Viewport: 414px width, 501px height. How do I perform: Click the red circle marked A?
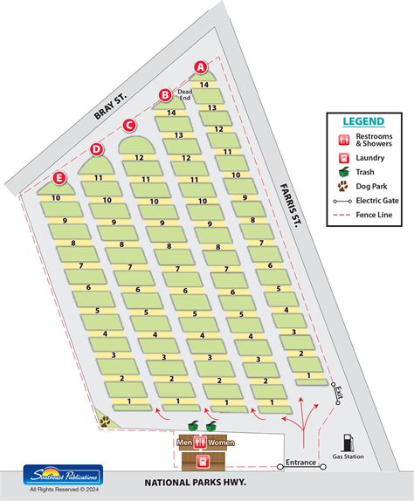(200, 66)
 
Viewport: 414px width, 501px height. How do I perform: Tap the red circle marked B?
(165, 95)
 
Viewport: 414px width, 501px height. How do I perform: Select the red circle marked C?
(129, 124)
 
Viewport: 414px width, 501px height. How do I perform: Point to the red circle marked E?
(59, 178)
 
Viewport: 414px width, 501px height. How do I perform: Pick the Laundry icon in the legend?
(343, 158)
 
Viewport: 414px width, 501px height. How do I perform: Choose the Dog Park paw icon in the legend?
(343, 185)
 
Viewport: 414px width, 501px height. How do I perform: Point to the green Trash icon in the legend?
(343, 171)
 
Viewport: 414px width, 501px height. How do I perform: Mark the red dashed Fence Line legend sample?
(343, 214)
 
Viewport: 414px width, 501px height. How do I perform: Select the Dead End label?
(184, 94)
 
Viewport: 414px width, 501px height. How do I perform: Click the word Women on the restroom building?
(221, 443)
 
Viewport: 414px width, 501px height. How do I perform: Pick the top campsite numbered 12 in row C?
(138, 157)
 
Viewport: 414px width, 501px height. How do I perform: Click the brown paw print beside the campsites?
(107, 420)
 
